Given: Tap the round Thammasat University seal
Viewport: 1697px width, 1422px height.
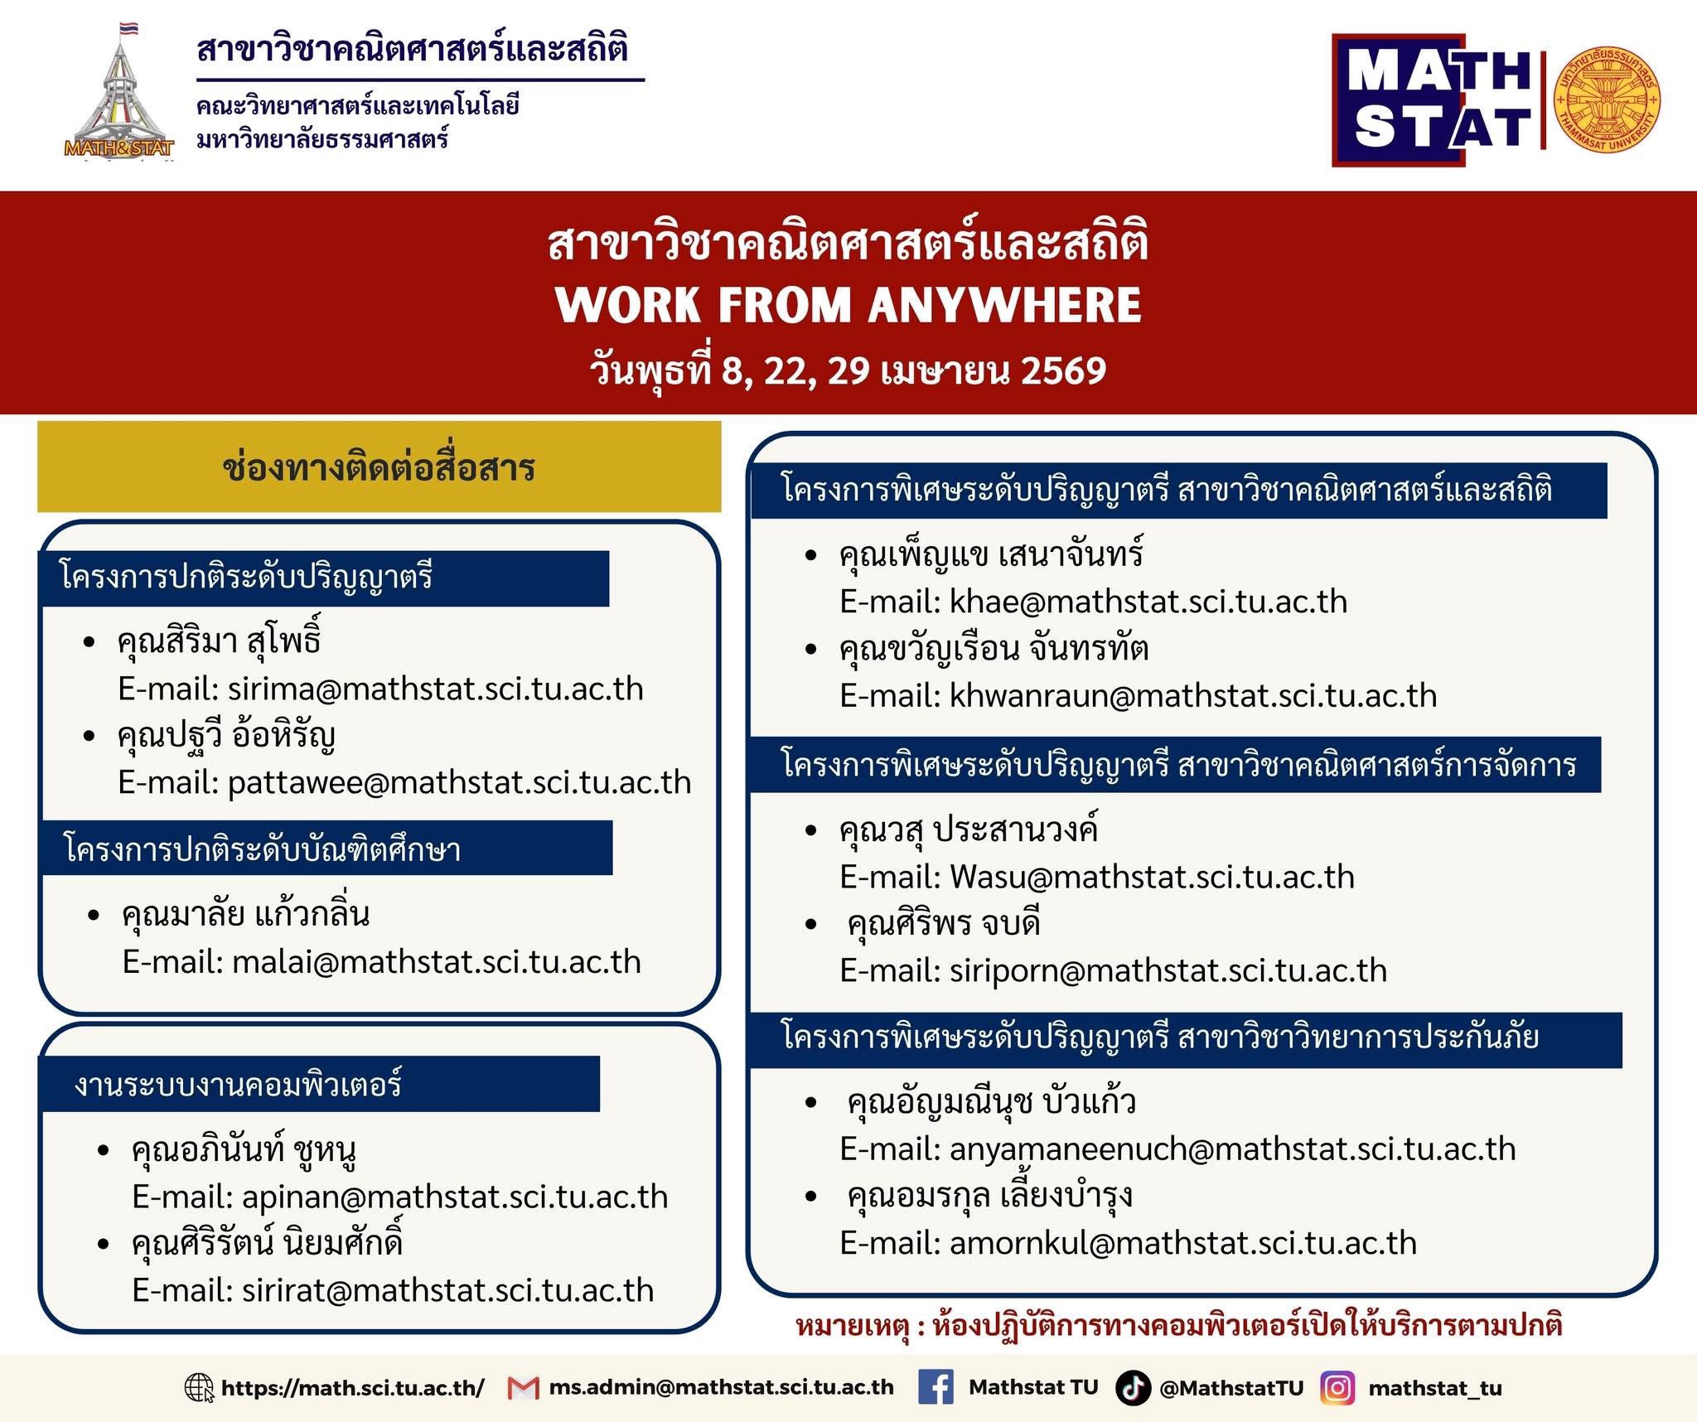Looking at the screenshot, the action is tap(1608, 99).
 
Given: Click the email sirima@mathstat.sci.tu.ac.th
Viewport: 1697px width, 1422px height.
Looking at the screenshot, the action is tap(436, 689).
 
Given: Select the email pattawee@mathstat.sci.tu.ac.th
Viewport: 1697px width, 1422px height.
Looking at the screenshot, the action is tap(460, 783).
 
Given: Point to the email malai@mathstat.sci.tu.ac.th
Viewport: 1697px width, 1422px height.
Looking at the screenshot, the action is tap(437, 962).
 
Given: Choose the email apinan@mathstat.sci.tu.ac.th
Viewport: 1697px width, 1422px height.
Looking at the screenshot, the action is tap(455, 1197).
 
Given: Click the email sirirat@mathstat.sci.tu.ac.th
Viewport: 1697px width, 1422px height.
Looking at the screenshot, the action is tap(448, 1291).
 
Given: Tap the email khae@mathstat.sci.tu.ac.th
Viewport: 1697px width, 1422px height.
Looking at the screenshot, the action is tap(1148, 602).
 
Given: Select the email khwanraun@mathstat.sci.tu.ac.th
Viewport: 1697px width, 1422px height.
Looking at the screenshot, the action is tap(1193, 696).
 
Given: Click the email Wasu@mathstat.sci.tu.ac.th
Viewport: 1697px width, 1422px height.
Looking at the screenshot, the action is tap(1152, 877).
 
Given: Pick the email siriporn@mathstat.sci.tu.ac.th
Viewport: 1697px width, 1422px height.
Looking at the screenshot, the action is tap(1168, 971).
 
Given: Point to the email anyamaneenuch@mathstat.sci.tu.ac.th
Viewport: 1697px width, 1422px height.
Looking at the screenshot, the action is tap(1233, 1149).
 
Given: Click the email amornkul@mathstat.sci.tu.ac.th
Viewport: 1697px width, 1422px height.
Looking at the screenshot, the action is tap(1183, 1243).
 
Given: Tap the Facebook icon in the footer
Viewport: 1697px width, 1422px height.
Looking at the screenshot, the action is tap(936, 1387).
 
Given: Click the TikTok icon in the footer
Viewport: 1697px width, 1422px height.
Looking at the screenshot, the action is tap(1133, 1388).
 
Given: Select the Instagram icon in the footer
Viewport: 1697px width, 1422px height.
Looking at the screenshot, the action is tap(1337, 1388).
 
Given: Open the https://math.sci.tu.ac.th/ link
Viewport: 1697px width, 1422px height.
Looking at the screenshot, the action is tap(353, 1388).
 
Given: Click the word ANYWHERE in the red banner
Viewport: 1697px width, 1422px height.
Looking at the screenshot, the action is tap(1005, 305).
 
